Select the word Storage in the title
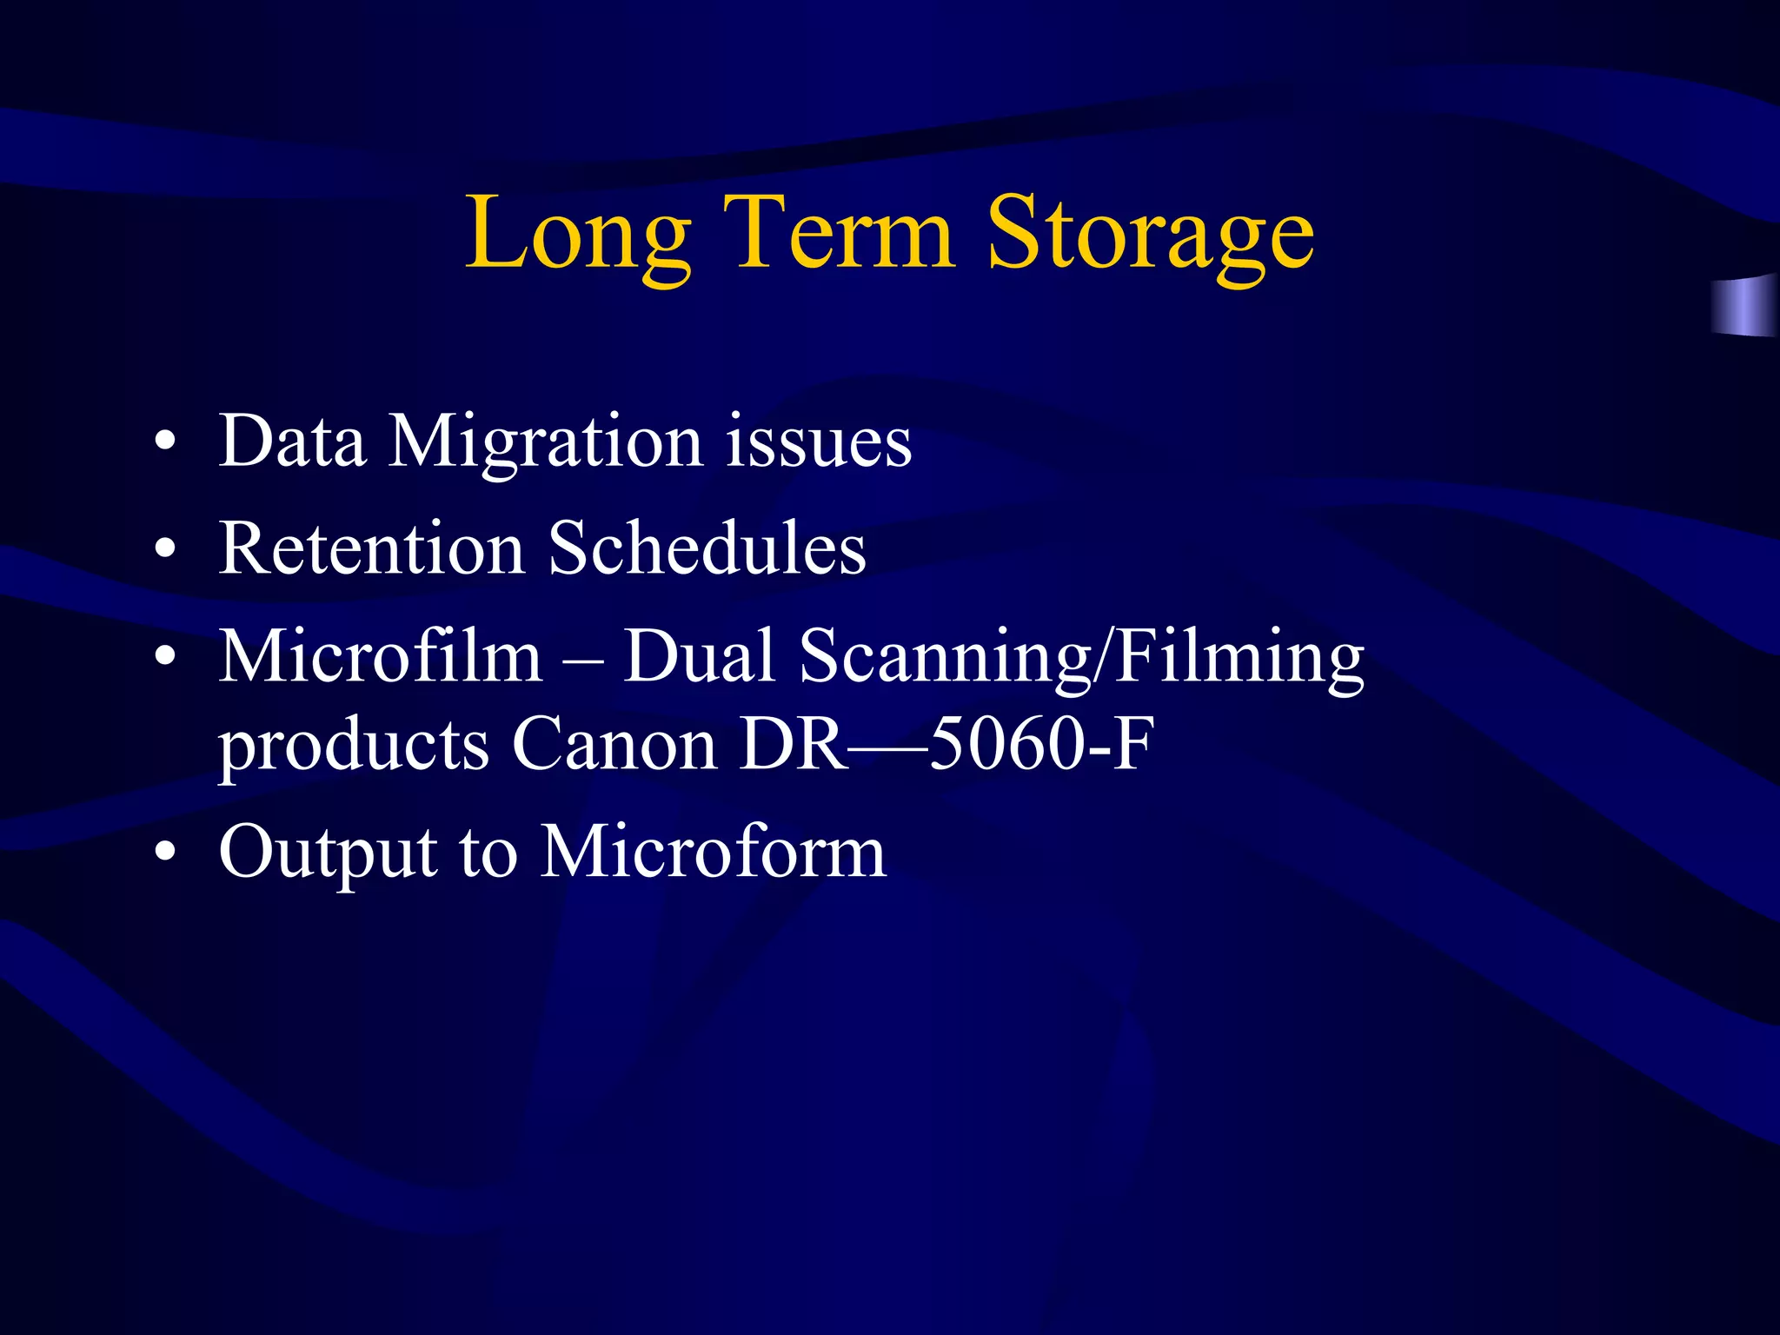(x=1150, y=235)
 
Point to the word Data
(x=292, y=441)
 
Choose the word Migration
(x=545, y=443)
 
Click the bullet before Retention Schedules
(x=165, y=549)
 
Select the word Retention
(x=372, y=548)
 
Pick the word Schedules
(x=707, y=548)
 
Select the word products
(x=354, y=747)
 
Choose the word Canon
(x=614, y=744)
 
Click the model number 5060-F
(x=1041, y=744)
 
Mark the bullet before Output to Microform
(x=165, y=853)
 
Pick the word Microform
(x=713, y=852)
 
